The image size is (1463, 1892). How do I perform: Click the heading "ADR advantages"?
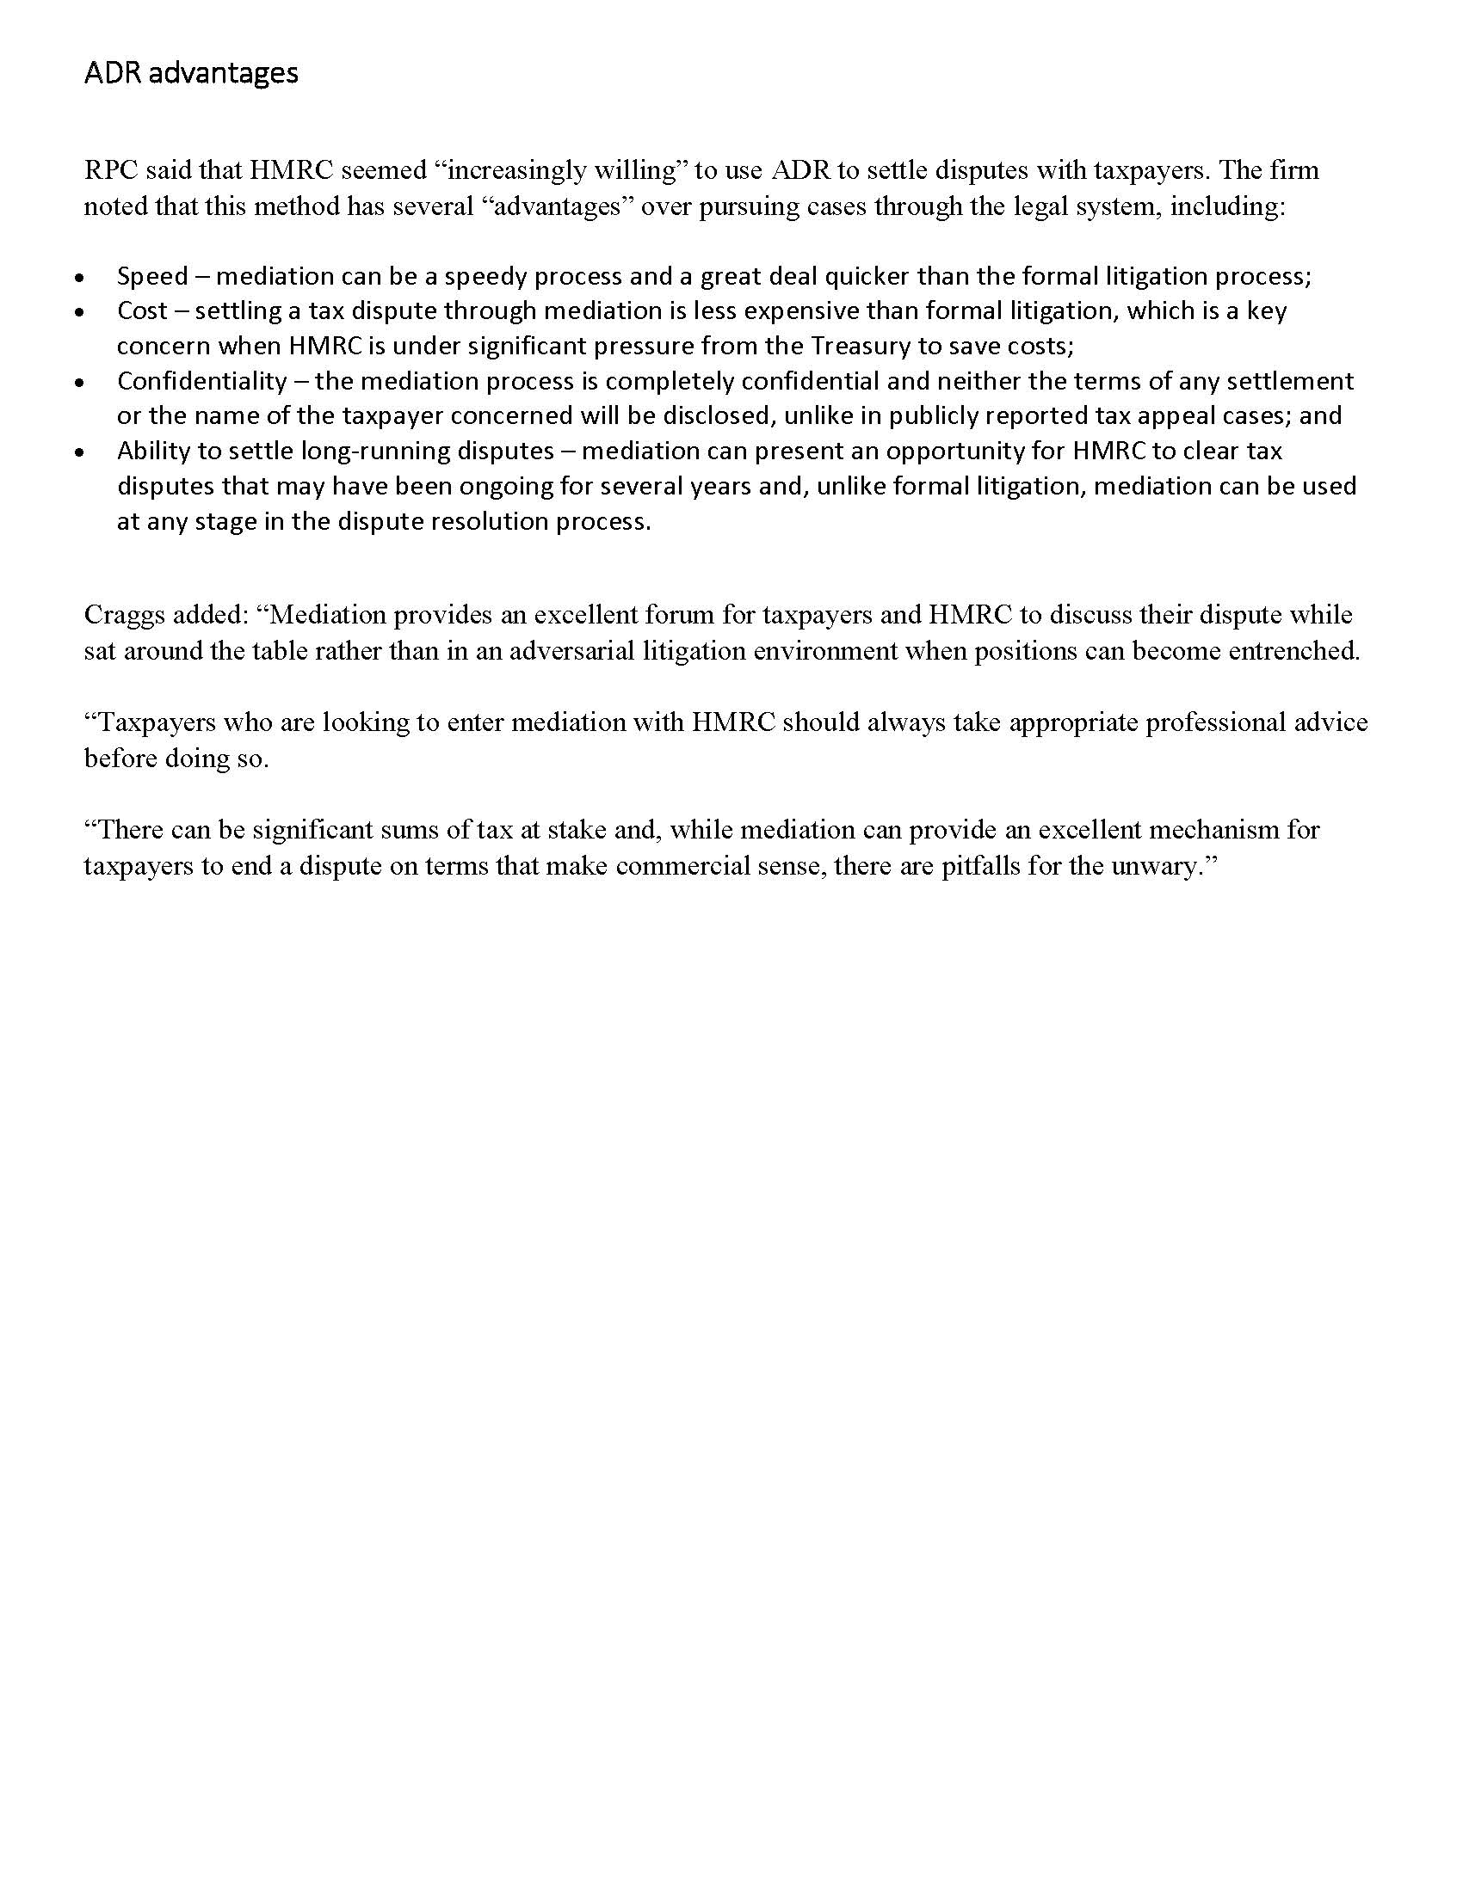tap(191, 73)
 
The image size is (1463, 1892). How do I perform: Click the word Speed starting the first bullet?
tap(152, 276)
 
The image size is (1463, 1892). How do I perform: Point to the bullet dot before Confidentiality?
tap(80, 383)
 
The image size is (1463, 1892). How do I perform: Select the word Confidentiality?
tap(202, 381)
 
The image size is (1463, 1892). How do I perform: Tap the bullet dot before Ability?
tap(80, 453)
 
